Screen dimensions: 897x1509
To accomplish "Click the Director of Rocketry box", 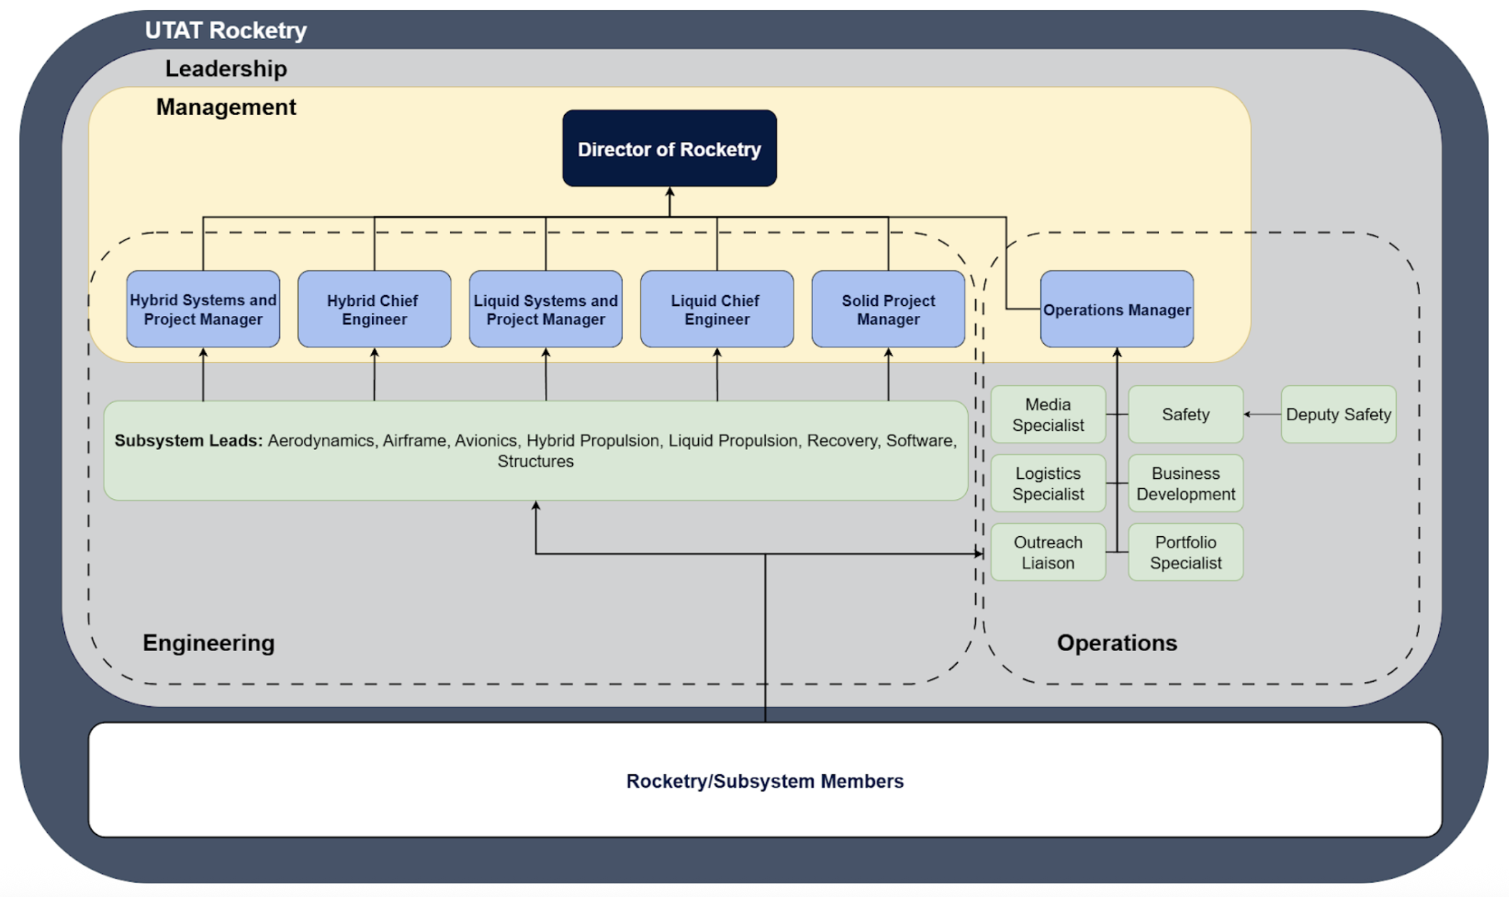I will tap(669, 149).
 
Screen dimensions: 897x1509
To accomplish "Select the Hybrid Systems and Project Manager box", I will tap(203, 310).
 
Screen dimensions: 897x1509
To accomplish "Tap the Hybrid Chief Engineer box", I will tap(374, 310).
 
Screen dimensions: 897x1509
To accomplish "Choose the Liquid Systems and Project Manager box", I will tap(545, 310).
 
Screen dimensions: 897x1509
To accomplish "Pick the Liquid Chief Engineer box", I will tap(716, 310).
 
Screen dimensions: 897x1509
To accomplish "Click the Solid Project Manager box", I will tap(888, 310).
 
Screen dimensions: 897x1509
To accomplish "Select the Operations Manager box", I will tap(1116, 310).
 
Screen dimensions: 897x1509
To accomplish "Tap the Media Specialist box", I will tap(1047, 415).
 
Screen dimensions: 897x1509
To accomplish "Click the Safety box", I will tap(1185, 415).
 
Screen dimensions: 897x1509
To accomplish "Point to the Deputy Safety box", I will tap(1338, 415).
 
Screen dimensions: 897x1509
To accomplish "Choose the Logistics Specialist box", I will tap(1047, 483).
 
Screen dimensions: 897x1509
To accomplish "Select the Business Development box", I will tap(1185, 483).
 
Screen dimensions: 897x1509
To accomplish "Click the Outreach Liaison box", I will tap(1047, 552).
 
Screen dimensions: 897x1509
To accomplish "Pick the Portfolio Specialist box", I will tap(1185, 552).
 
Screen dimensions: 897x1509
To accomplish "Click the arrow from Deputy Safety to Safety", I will tap(1262, 415).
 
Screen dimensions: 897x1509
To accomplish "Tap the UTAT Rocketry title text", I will tap(226, 30).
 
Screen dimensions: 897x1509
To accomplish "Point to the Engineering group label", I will tap(208, 642).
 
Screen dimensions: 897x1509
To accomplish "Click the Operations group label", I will tap(1116, 642).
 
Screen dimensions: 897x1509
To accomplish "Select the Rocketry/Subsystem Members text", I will tap(765, 781).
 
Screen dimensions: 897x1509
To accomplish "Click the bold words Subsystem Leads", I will tap(188, 441).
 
